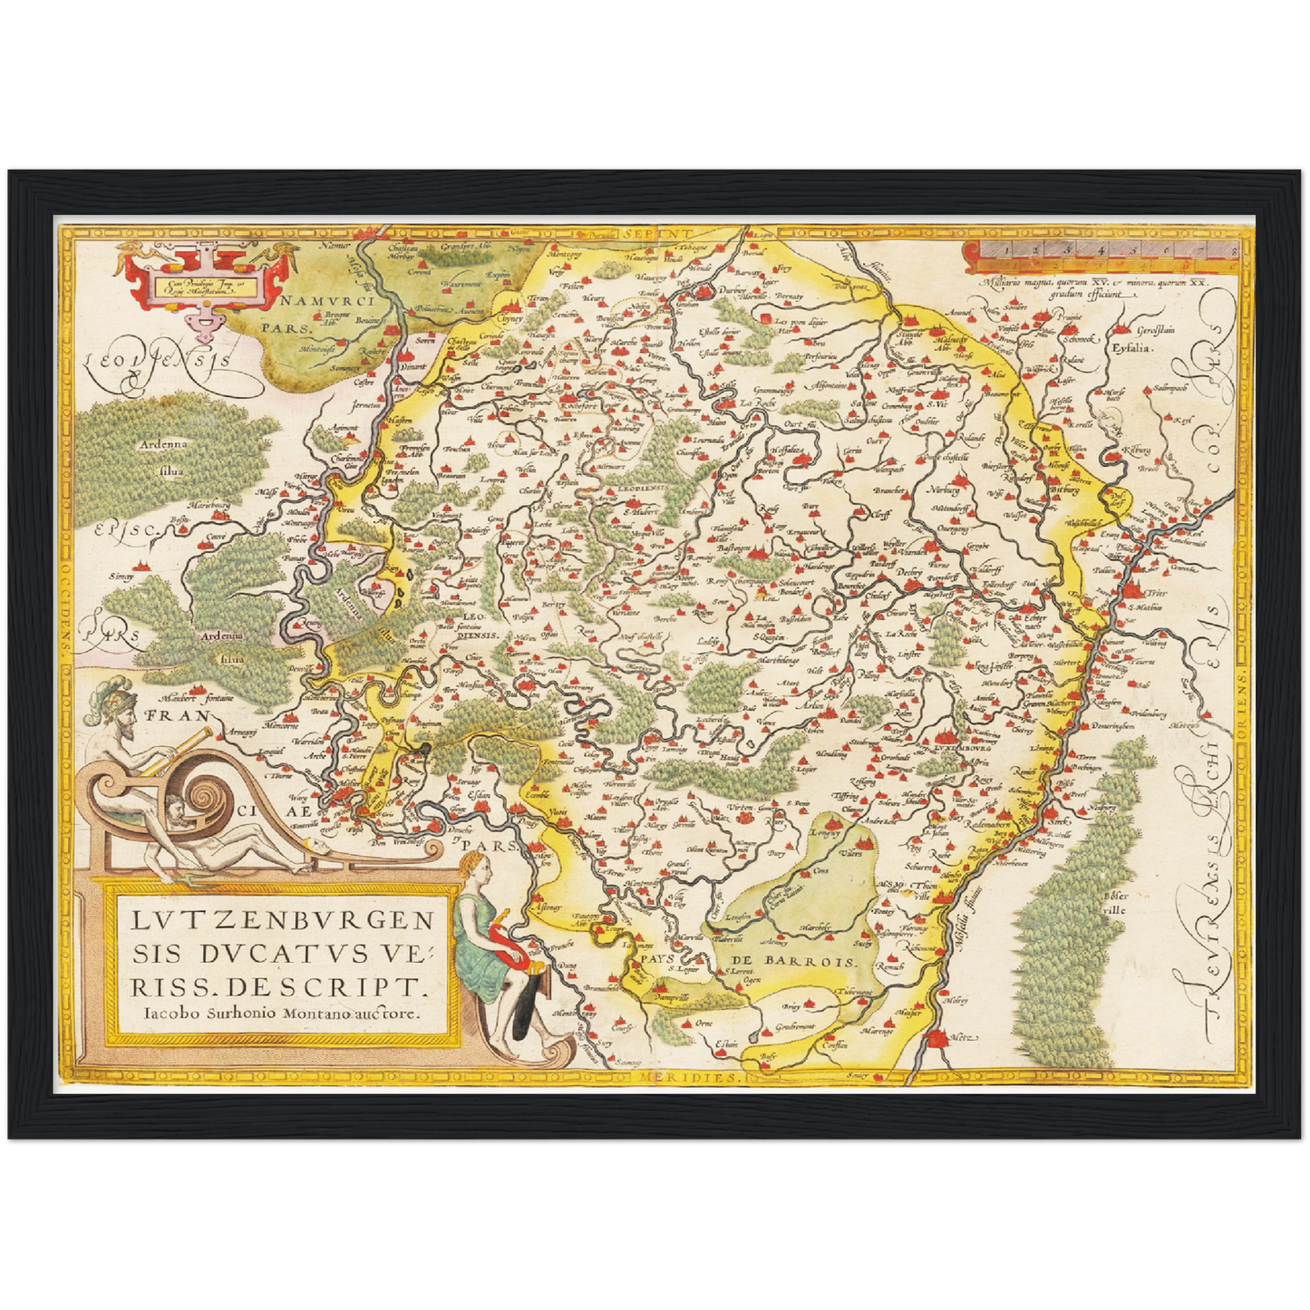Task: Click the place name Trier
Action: pos(1157,593)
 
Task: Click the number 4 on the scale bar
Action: pos(1100,247)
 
